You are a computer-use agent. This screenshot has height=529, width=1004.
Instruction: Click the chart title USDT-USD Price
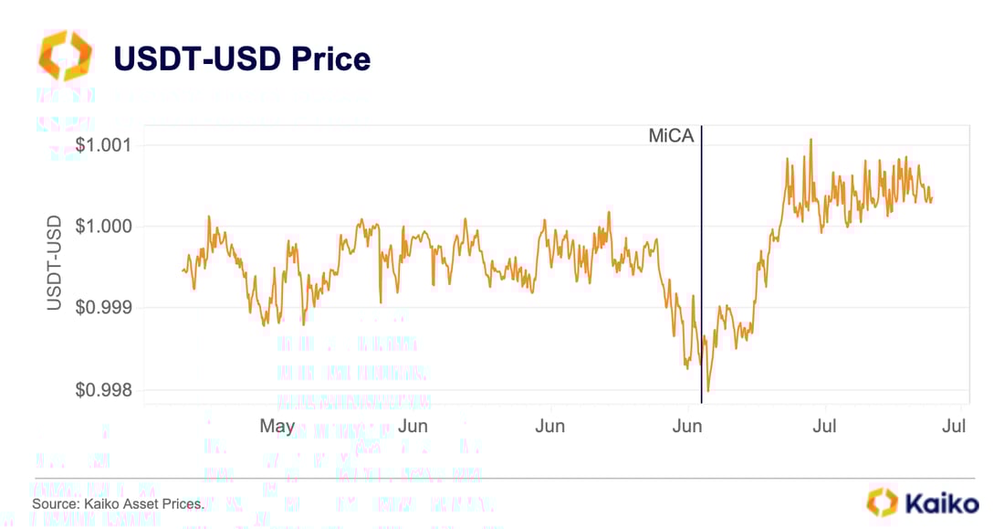[241, 58]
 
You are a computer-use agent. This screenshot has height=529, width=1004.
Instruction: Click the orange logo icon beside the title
[65, 55]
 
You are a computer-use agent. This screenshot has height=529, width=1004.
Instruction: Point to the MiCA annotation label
[671, 136]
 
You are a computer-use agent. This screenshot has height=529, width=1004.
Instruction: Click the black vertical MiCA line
[701, 274]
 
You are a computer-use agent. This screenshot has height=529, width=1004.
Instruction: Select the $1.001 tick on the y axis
[105, 144]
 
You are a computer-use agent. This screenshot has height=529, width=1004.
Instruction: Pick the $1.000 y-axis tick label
[105, 226]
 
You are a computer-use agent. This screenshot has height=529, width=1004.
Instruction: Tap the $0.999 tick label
[105, 308]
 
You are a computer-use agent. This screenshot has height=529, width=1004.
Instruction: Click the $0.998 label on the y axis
[105, 390]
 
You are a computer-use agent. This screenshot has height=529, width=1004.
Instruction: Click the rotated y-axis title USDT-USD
[55, 263]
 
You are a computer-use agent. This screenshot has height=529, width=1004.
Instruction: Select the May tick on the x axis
[277, 426]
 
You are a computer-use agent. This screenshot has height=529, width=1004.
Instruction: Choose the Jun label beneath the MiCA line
[687, 426]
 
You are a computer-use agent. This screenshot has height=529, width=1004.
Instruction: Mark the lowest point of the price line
[708, 391]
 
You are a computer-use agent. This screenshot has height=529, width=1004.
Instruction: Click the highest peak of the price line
[811, 139]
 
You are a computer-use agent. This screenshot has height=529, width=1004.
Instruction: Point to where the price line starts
[183, 270]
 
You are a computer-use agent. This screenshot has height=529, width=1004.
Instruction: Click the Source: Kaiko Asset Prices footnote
[118, 503]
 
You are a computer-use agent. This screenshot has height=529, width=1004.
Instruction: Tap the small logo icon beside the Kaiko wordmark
[883, 502]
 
